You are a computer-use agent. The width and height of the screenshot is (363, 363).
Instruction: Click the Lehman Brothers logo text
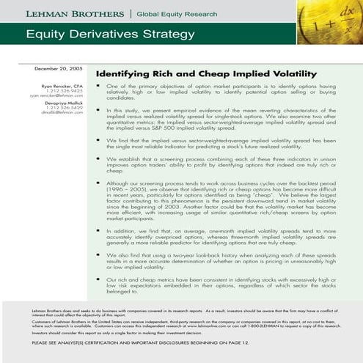click(x=65, y=14)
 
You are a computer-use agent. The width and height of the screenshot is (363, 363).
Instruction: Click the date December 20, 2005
click(x=60, y=67)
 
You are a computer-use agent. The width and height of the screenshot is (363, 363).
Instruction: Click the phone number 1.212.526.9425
click(x=67, y=91)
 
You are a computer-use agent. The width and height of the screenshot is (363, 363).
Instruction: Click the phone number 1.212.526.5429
click(x=67, y=108)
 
